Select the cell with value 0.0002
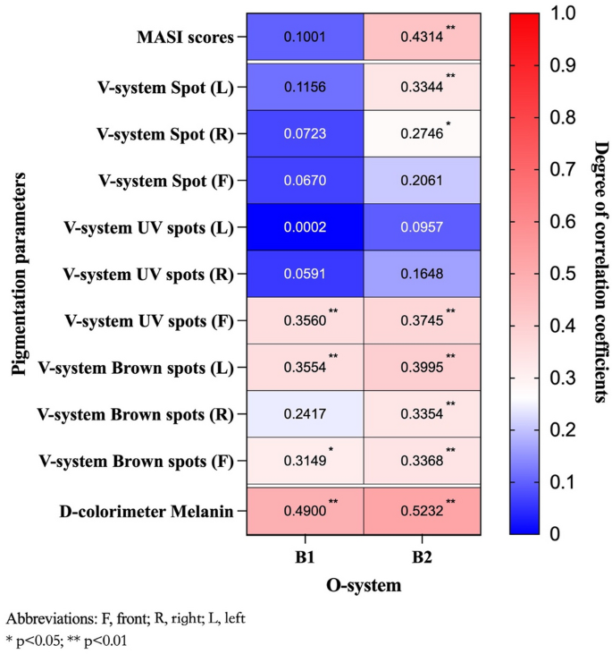point(306,227)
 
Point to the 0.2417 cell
point(306,415)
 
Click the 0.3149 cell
point(306,462)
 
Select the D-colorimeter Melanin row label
point(148,511)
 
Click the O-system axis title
point(364,586)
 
